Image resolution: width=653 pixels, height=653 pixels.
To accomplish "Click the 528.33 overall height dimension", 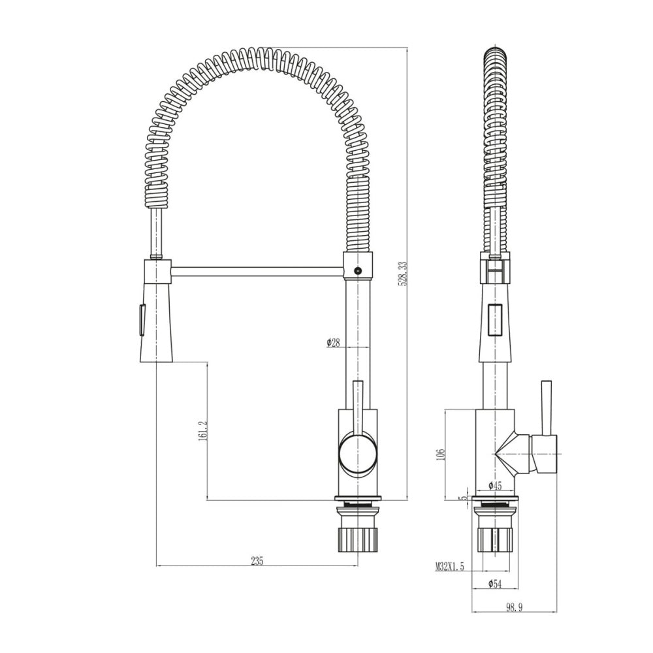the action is point(403,273).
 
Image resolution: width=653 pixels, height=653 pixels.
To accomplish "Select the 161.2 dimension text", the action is point(203,431).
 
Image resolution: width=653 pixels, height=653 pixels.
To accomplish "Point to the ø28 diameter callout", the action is point(334,342).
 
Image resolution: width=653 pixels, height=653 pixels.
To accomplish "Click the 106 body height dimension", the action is point(441,454).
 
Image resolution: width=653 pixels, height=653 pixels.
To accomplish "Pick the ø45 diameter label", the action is point(495,485).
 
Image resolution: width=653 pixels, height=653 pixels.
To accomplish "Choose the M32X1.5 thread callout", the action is point(450,566).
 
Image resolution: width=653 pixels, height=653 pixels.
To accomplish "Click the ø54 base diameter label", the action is point(495,584).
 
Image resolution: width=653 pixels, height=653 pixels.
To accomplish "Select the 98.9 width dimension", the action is point(514,607).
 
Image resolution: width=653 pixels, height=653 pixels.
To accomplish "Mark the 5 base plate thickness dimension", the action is point(462,498).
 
